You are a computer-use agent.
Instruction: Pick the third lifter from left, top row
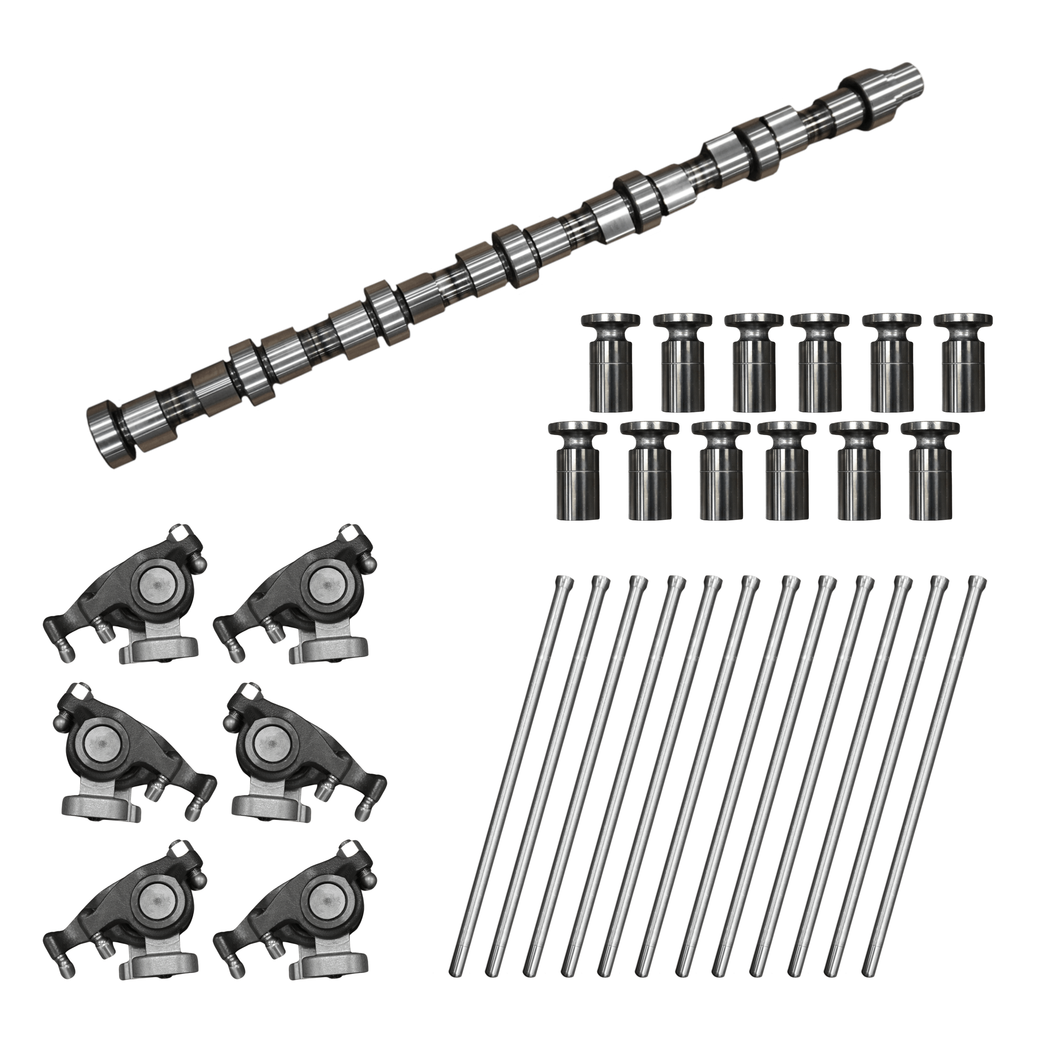(753, 363)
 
